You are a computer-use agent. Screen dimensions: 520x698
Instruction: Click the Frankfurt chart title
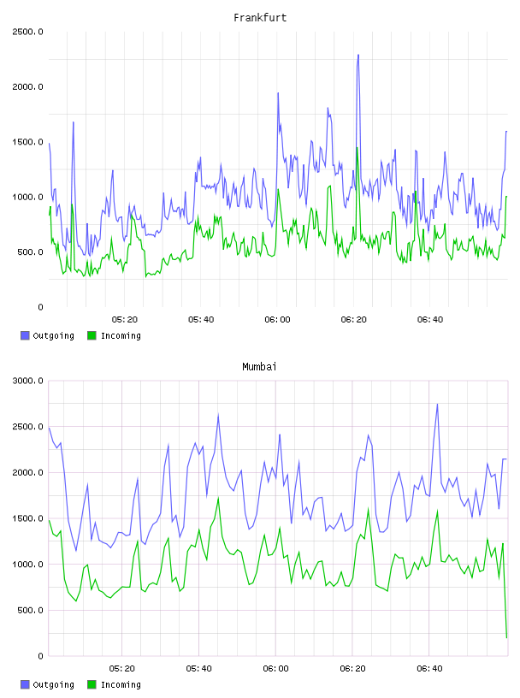[260, 18]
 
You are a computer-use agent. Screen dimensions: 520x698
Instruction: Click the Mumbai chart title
[259, 367]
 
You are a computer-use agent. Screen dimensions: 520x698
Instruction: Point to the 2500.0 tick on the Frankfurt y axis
[27, 32]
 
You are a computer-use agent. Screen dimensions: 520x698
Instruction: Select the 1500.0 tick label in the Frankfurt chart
[27, 142]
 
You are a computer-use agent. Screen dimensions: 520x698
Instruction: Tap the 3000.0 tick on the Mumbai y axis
[27, 381]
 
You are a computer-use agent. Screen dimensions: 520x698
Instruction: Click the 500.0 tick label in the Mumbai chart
[30, 610]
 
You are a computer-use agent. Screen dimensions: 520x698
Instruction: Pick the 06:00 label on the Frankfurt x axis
[277, 320]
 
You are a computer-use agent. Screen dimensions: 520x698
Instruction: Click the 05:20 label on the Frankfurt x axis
[125, 320]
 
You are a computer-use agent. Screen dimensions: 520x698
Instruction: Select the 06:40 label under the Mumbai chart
[429, 669]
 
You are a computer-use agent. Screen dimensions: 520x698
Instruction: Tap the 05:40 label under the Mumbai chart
[199, 669]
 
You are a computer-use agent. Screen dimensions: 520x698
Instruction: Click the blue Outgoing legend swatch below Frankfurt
[25, 335]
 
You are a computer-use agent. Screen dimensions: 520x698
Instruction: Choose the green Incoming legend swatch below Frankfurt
[92, 335]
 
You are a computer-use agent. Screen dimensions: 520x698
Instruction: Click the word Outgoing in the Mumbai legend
[53, 684]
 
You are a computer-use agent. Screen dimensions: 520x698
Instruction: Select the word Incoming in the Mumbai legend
[121, 684]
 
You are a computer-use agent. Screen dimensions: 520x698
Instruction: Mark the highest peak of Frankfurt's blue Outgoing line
[358, 56]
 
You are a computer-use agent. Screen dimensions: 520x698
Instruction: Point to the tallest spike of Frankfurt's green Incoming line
[357, 148]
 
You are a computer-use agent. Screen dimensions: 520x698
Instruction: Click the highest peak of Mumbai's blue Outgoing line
[437, 405]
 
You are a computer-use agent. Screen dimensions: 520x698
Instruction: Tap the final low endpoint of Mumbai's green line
[506, 637]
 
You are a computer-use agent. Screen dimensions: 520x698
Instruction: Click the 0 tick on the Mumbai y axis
[40, 656]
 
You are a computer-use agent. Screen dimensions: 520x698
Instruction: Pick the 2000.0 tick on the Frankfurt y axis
[27, 86]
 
